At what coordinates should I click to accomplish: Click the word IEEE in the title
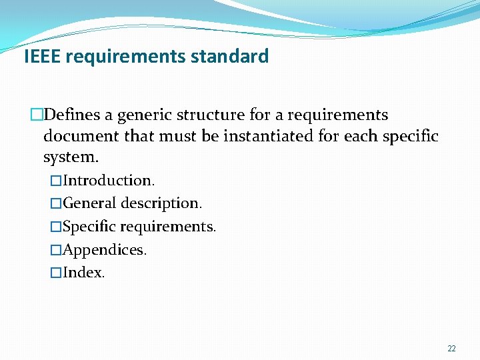43,56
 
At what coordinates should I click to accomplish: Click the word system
70,158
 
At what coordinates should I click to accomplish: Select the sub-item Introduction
109,180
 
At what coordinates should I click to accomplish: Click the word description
161,203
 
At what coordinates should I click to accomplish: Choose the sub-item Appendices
105,250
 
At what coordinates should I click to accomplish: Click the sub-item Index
83,273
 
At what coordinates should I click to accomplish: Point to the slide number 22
451,349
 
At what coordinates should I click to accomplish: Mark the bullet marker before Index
56,273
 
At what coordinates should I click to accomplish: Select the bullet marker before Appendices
56,250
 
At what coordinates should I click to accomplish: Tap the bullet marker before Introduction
56,180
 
